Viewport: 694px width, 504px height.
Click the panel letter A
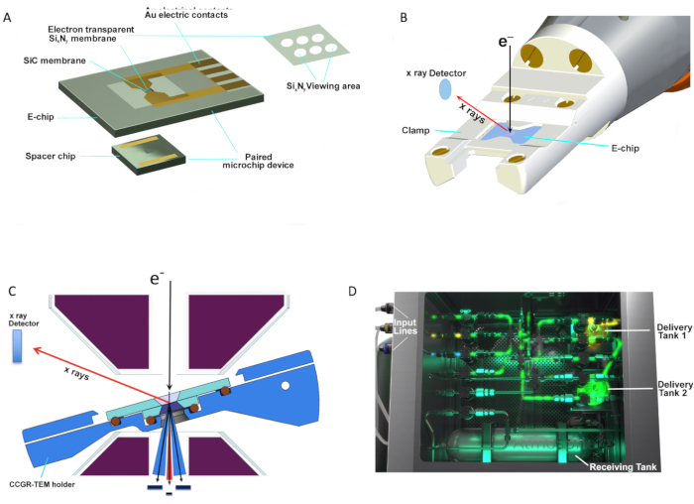(9, 18)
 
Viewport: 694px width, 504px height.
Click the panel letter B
(374, 18)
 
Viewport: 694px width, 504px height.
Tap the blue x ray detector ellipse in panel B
(445, 89)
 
